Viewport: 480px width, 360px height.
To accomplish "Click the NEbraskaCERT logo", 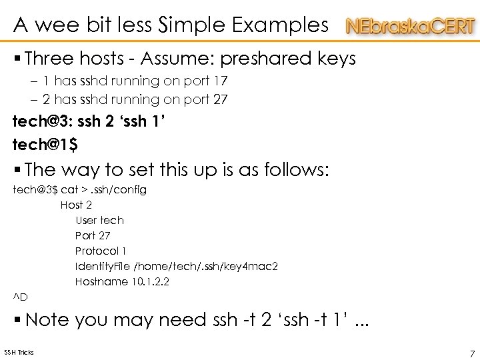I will tap(411, 27).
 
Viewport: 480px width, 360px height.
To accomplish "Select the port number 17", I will tap(220, 81).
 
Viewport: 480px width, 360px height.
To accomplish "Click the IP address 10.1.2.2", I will tap(149, 282).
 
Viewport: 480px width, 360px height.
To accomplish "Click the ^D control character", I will tap(20, 297).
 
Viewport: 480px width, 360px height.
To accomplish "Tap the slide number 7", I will tap(472, 353).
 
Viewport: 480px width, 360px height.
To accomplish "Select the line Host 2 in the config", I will tap(76, 205).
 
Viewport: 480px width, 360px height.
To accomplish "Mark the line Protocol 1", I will tap(101, 251).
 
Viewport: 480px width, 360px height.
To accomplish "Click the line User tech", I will tap(99, 220).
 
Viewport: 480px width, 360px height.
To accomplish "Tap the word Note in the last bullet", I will tap(47, 320).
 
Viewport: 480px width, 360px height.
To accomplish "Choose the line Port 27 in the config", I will tap(93, 235).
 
